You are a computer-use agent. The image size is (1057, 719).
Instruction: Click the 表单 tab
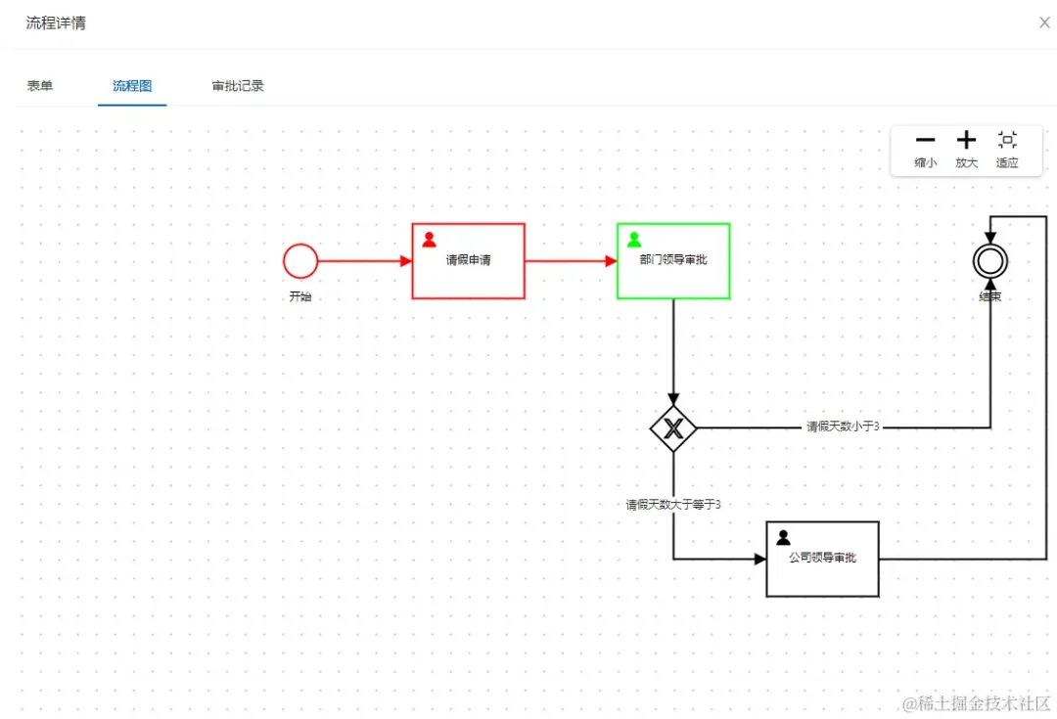40,85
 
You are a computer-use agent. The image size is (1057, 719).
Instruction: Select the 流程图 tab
132,85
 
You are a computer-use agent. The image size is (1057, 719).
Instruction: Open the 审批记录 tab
237,85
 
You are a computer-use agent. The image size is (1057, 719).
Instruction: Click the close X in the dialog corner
1044,22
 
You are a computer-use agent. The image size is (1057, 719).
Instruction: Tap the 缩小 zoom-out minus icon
925,140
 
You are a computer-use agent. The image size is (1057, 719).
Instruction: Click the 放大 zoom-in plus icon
966,140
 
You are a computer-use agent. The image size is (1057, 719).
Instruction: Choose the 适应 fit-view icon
1007,140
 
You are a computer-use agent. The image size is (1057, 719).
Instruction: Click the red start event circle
300,244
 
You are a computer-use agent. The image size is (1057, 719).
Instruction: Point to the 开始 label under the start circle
300,296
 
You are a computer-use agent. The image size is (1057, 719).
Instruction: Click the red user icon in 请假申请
429,240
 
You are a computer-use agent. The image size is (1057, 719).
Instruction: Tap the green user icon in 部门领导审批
633,240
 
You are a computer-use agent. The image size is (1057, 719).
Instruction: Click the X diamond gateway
673,427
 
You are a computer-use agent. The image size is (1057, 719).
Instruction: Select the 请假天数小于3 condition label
843,427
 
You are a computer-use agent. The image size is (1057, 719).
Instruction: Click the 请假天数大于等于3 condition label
673,505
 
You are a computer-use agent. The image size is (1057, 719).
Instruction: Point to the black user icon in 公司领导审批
783,537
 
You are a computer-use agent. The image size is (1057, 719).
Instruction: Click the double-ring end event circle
990,246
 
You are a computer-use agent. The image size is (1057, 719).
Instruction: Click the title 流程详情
56,22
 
